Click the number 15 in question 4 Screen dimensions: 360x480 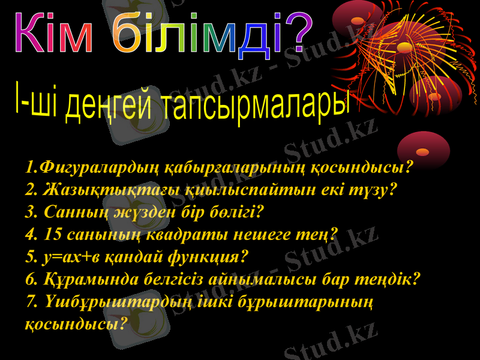53,234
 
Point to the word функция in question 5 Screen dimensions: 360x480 199,257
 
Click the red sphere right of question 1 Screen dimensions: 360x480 424,149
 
